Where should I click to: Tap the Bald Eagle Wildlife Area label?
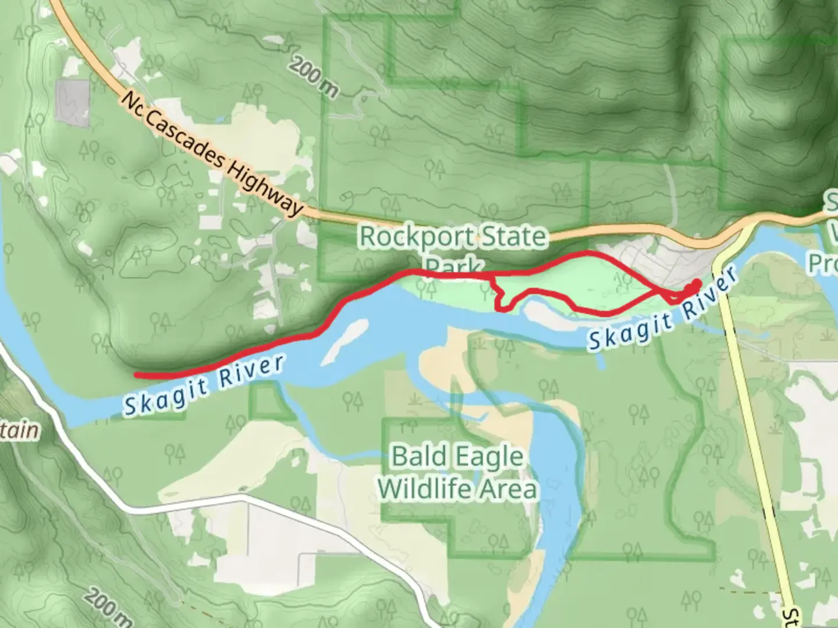pyautogui.click(x=457, y=472)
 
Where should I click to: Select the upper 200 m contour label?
pyautogui.click(x=314, y=77)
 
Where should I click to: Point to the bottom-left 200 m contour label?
pyautogui.click(x=107, y=608)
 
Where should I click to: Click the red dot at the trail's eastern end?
pyautogui.click(x=696, y=284)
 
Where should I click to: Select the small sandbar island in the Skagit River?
pyautogui.click(x=346, y=340)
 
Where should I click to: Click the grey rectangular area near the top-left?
pyautogui.click(x=73, y=103)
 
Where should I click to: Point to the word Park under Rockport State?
pyautogui.click(x=453, y=266)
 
